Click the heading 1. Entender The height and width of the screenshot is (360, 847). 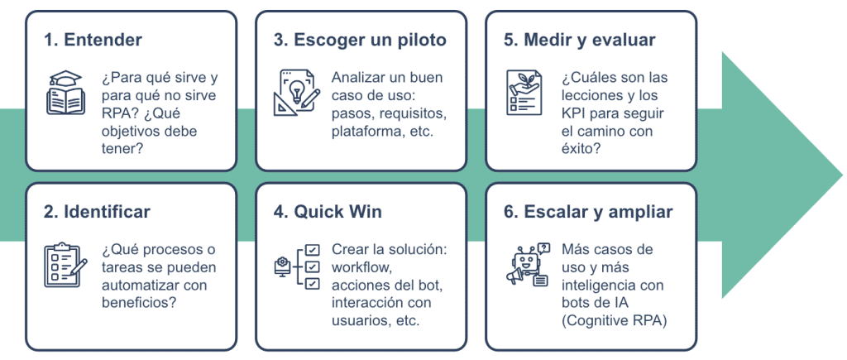pos(93,40)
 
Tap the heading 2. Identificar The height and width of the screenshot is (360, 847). pos(97,212)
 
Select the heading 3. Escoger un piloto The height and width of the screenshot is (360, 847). pos(360,40)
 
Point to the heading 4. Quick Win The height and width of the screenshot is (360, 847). pos(328,212)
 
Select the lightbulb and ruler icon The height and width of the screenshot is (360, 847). pos(296,92)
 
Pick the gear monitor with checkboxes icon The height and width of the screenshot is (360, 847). pos(296,266)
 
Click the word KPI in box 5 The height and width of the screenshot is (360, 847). pos(575,113)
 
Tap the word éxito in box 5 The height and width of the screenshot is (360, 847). pos(580,149)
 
